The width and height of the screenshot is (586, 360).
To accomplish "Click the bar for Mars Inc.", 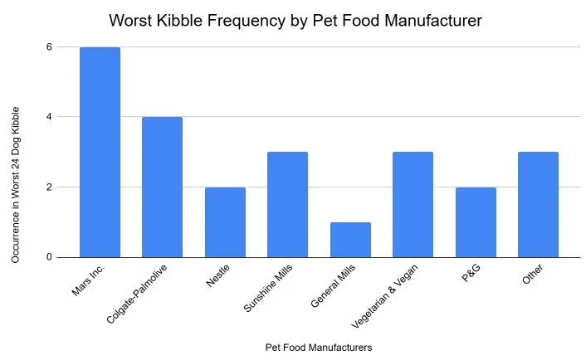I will (x=100, y=153).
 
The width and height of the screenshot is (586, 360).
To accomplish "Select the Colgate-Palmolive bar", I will (x=162, y=187).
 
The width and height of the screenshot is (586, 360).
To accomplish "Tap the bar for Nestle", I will (x=225, y=222).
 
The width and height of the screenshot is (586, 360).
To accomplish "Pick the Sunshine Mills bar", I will (x=287, y=205).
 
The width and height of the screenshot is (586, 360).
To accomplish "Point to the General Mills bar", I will (x=350, y=240).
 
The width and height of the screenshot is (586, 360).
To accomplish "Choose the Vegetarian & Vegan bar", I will (x=413, y=205).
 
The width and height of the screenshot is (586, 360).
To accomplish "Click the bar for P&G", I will (x=476, y=222).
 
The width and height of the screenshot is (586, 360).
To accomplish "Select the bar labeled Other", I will (x=538, y=205).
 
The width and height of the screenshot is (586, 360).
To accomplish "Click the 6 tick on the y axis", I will (x=49, y=47).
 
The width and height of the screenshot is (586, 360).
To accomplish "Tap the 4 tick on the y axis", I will (x=49, y=117).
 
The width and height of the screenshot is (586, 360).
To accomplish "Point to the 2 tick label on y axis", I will (x=49, y=187).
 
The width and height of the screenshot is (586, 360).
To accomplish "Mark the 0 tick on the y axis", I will (x=49, y=257).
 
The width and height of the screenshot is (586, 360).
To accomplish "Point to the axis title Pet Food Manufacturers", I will (x=318, y=347).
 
